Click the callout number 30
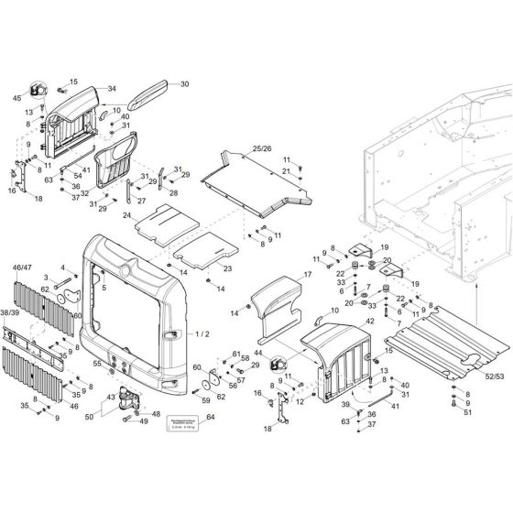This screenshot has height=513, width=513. click(x=184, y=84)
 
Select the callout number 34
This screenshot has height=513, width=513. click(x=111, y=89)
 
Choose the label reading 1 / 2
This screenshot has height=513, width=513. click(x=202, y=335)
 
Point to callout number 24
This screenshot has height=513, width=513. click(x=129, y=214)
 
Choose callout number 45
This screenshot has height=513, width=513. click(x=16, y=97)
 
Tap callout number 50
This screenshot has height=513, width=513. click(x=90, y=416)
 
